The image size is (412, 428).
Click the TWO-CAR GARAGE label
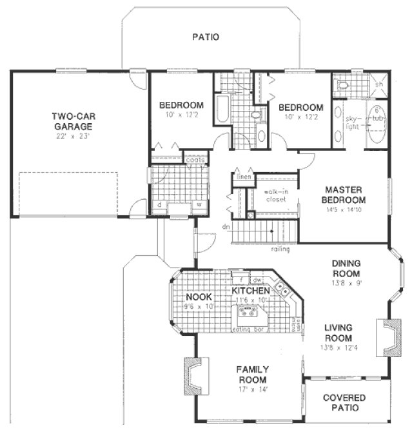pos(72,121)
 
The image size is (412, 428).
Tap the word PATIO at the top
pos(206,37)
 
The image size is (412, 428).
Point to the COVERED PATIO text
pos(344,404)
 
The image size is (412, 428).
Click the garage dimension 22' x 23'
pos(72,137)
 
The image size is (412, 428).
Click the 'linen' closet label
pos(242,177)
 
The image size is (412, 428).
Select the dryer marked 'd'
pos(159,206)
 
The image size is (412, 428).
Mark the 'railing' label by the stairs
pos(280,249)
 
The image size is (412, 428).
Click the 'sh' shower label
pos(380,84)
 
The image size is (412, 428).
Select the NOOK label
pos(195,297)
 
